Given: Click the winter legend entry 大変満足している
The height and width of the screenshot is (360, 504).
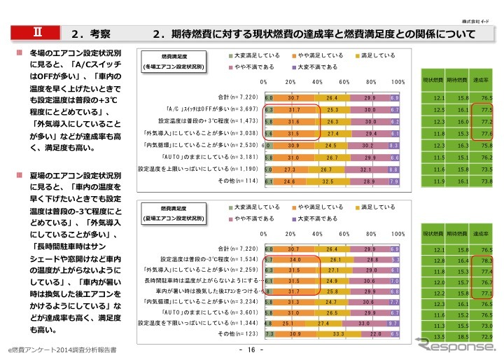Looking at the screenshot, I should point(256,55).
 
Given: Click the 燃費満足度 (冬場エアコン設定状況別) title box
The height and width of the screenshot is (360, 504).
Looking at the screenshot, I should point(173,60).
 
